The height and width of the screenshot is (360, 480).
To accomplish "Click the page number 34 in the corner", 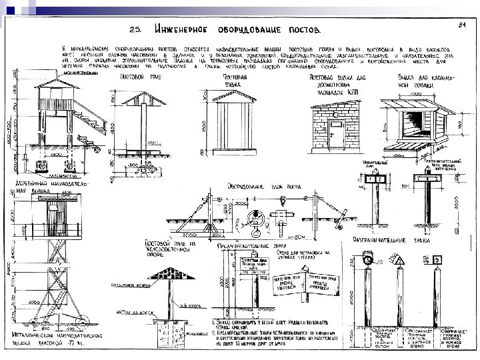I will [x=461, y=25].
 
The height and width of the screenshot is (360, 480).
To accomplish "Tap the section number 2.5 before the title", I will [x=135, y=29].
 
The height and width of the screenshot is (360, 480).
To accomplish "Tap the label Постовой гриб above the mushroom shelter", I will [x=133, y=77].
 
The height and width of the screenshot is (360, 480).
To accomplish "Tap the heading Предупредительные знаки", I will [x=249, y=245].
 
